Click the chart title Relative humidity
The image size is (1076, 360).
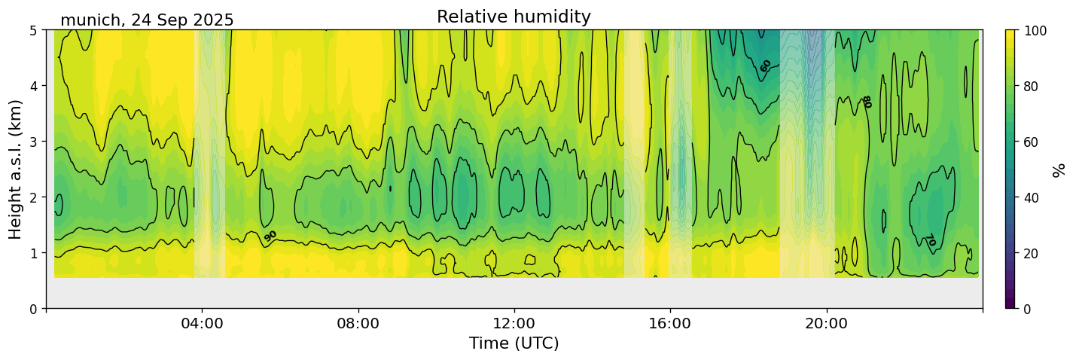pos(514,17)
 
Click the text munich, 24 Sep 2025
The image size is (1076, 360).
pos(147,20)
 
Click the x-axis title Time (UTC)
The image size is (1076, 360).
pos(514,343)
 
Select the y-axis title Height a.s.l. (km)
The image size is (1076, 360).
pos(16,169)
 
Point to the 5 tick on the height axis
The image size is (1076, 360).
pos(34,30)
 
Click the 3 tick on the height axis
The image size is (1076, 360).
pos(34,142)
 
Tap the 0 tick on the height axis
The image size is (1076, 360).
pos(34,309)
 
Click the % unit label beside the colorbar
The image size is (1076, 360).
pos(1059,169)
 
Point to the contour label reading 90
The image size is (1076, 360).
pos(270,236)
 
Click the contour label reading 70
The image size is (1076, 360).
pos(930,240)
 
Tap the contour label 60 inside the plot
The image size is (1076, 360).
pos(766,66)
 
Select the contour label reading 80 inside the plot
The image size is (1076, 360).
pos(867,102)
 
